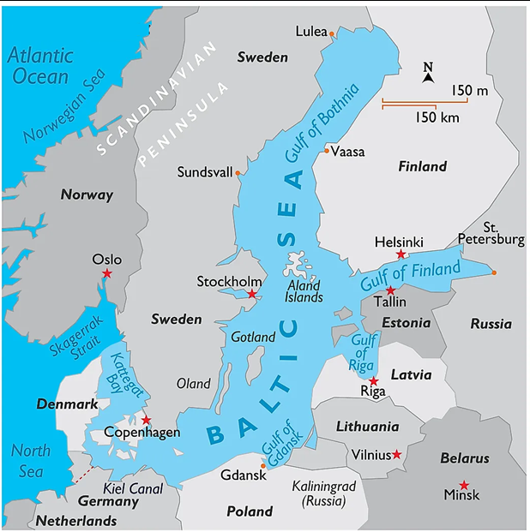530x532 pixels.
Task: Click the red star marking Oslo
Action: click(107, 273)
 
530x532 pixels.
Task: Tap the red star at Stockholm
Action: click(251, 295)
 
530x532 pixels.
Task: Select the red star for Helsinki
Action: click(400, 254)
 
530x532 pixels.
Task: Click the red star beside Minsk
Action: click(464, 485)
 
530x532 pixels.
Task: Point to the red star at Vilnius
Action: click(396, 455)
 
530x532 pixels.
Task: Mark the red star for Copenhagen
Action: click(147, 420)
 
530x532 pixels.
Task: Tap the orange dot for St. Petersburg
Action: click(493, 272)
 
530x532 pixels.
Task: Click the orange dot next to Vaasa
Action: click(326, 151)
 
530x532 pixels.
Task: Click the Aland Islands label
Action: click(304, 291)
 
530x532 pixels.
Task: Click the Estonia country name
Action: click(406, 323)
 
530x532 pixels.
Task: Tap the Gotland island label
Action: click(253, 338)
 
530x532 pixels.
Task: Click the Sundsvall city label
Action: click(205, 172)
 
